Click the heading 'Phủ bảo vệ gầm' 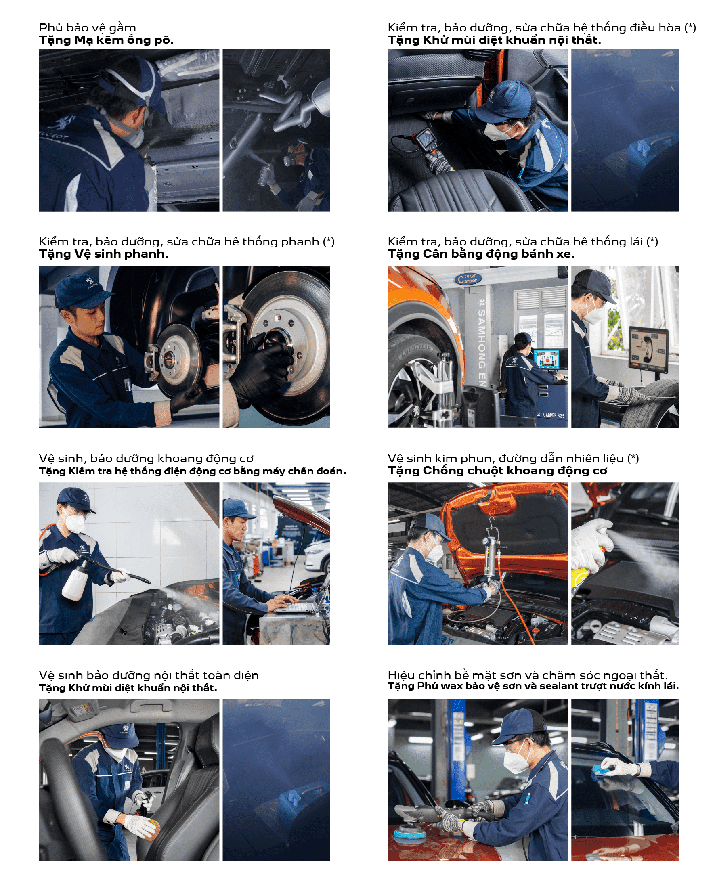click(x=87, y=27)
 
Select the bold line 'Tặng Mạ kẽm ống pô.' click(x=106, y=40)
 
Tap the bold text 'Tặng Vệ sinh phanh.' click(x=103, y=253)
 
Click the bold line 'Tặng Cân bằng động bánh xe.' click(x=481, y=253)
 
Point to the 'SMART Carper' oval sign click(x=468, y=279)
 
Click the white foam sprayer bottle click(x=75, y=581)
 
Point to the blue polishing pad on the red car click(x=411, y=835)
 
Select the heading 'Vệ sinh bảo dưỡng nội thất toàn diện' click(x=149, y=675)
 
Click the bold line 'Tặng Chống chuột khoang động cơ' click(x=497, y=470)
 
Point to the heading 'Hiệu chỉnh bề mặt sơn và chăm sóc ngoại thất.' click(x=528, y=675)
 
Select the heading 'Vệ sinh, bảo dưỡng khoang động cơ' click(x=146, y=458)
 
